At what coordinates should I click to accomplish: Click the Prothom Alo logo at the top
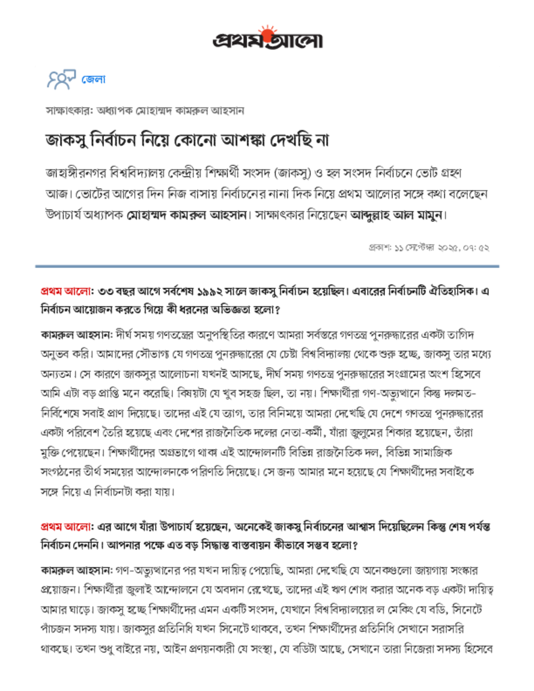pos(267,40)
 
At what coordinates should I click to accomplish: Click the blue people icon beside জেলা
pos(59,80)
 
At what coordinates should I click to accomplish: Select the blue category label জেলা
pos(93,80)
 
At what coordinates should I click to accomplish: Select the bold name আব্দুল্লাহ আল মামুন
pos(398,216)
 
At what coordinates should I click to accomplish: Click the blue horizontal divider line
pos(267,267)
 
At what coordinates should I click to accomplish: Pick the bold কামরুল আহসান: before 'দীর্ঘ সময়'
pos(67,334)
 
